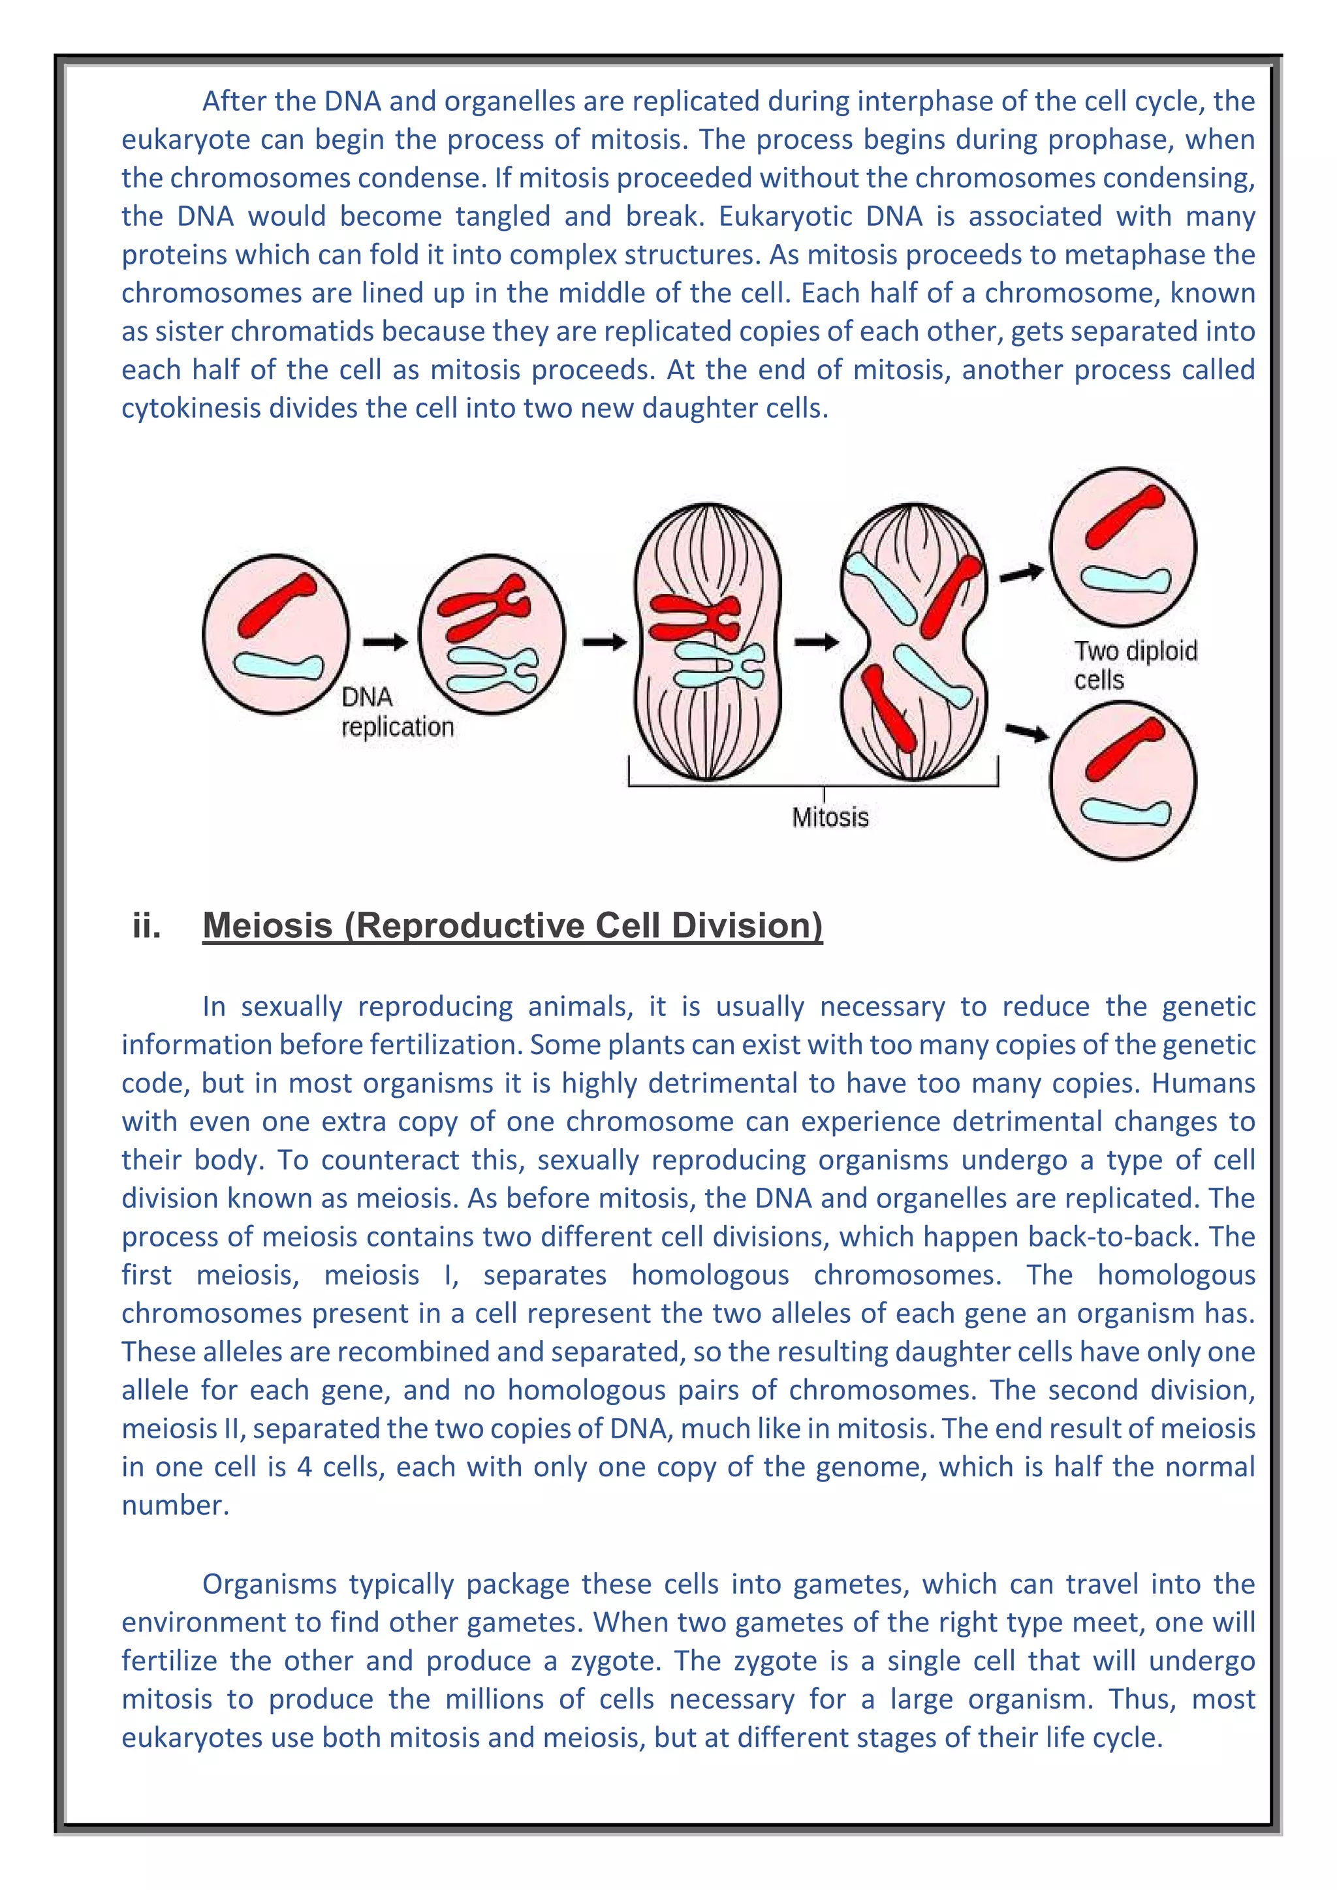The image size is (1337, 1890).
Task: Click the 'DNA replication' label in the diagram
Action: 397,713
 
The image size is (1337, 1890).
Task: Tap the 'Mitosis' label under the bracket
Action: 830,817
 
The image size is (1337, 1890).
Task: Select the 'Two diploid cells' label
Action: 1135,665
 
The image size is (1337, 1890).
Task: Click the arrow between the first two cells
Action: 385,642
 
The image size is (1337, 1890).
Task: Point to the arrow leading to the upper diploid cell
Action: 1021,573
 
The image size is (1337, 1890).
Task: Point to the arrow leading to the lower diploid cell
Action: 1026,732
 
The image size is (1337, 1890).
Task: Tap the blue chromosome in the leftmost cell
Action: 278,665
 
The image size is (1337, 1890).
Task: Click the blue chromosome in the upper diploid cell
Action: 1125,580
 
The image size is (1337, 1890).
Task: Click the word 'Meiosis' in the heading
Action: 268,926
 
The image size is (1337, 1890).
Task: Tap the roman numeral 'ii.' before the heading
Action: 146,926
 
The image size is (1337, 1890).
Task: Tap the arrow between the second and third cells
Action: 605,642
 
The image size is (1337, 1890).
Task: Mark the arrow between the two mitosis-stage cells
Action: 816,642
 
